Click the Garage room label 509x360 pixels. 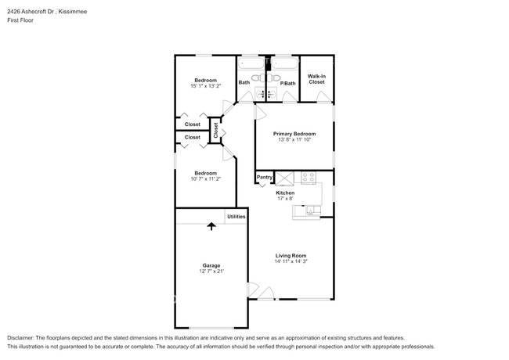tap(211, 265)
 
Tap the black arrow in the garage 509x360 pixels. tap(211, 227)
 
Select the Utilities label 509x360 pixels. tap(236, 216)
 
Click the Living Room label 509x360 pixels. tap(290, 254)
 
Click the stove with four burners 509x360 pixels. tap(309, 178)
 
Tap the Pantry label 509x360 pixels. tap(265, 178)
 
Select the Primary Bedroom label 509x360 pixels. tap(294, 134)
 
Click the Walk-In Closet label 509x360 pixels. tap(316, 79)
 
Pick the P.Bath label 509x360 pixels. tap(287, 83)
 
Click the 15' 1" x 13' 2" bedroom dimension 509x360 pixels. tap(205, 86)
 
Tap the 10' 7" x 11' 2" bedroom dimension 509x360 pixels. tap(205, 179)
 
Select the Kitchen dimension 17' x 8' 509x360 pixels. tap(284, 199)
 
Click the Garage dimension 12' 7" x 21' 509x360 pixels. tap(211, 272)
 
